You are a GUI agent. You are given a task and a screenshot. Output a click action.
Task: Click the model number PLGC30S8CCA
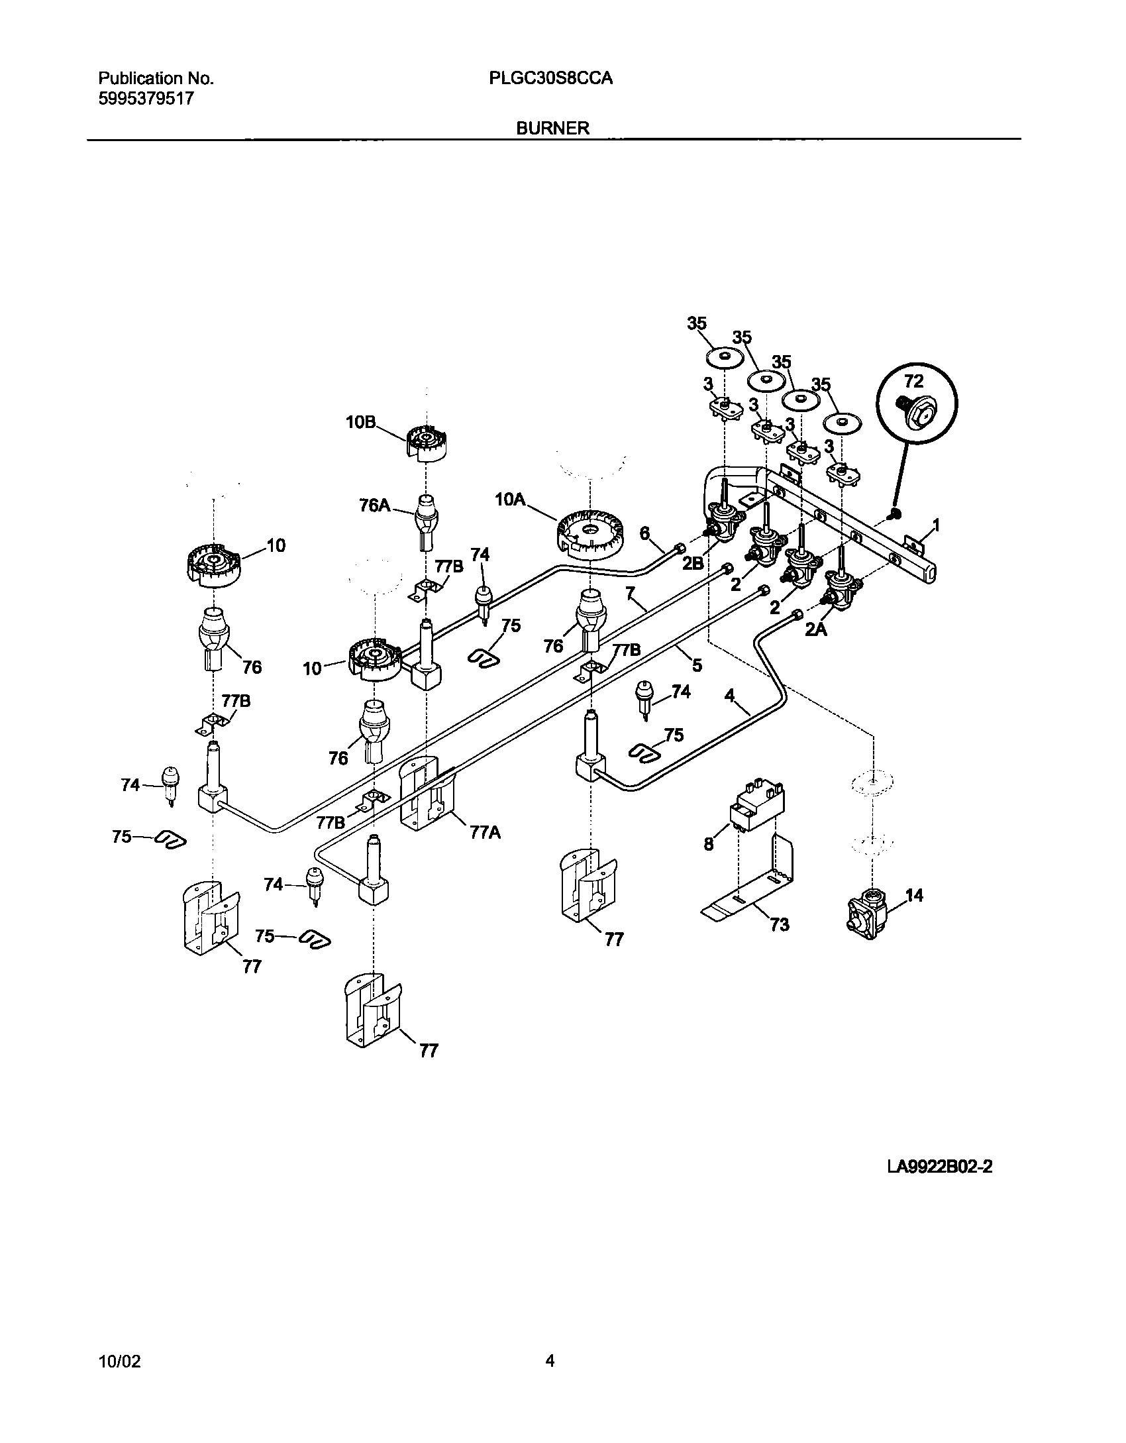pos(550,78)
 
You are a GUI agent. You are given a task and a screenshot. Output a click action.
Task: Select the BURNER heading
pos(552,129)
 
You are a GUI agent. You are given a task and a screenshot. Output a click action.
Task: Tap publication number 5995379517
pos(146,99)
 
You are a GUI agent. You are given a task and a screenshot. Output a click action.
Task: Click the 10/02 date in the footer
pos(119,1362)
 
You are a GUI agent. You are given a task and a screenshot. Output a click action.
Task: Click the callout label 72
pos(913,382)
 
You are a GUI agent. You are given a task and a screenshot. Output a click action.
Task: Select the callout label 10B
pos(361,422)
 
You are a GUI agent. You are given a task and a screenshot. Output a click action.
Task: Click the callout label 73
pos(780,924)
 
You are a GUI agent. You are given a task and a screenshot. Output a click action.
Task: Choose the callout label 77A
pos(485,833)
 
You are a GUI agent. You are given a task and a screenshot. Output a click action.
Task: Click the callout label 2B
pos(693,562)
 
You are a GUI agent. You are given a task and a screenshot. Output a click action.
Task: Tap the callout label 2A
pos(816,631)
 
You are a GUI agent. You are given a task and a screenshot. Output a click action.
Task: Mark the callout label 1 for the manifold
pos(936,525)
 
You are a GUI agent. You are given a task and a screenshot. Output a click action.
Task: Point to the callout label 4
pos(729,695)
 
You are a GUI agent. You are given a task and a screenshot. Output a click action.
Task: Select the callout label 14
pos(914,896)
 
